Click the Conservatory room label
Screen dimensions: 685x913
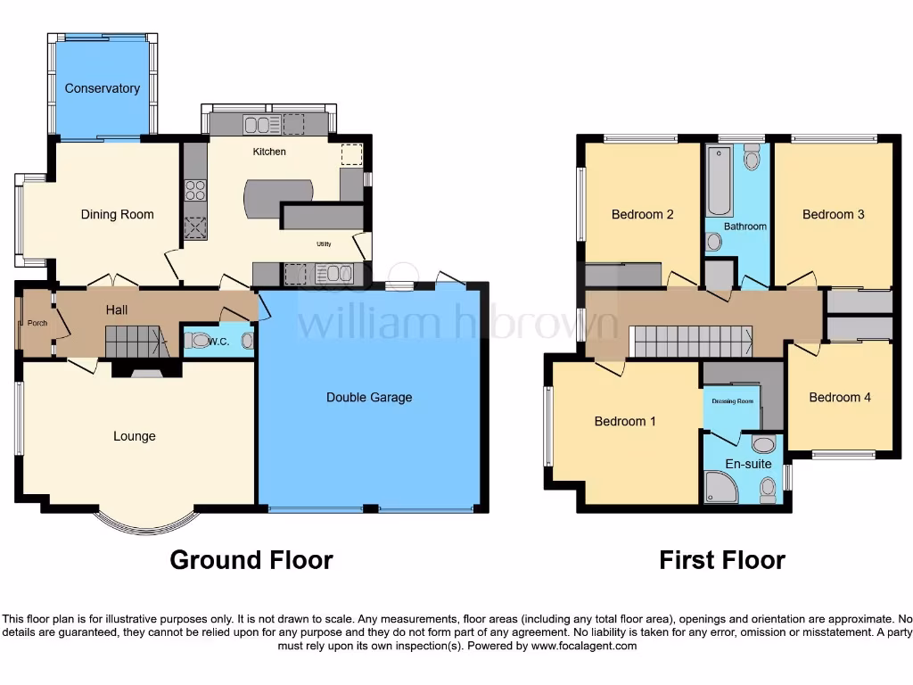(x=103, y=88)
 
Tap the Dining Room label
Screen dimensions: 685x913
(x=117, y=214)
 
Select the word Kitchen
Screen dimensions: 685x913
(x=269, y=152)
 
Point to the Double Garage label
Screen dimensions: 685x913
(x=369, y=397)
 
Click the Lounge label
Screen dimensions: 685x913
(x=135, y=436)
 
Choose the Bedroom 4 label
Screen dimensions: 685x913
(x=840, y=397)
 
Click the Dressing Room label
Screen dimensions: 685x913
(x=732, y=401)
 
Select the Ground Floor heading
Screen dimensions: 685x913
(x=251, y=560)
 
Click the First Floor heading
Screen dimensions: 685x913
(x=721, y=560)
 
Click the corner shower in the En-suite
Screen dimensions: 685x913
(x=717, y=487)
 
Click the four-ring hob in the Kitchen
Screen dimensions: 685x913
(x=195, y=190)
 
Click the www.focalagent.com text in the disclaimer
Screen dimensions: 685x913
(x=583, y=646)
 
